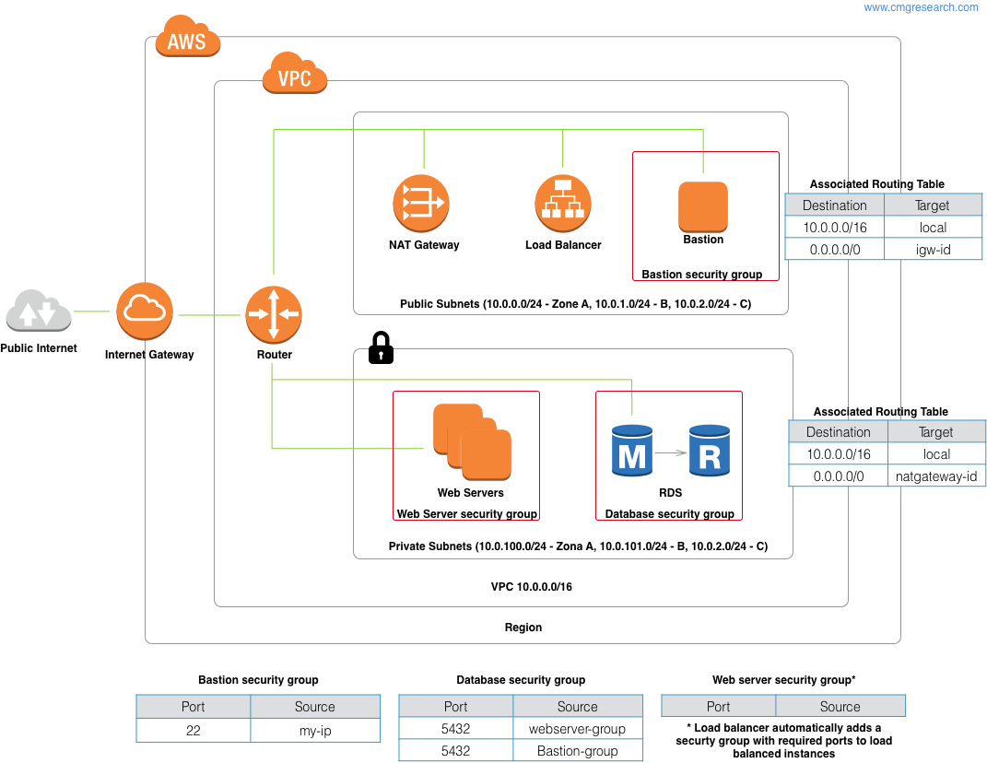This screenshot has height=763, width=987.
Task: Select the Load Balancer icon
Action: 563,204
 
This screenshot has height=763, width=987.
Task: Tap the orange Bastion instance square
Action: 703,206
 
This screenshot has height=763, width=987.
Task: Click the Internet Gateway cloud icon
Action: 145,313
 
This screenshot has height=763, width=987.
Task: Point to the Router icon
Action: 273,314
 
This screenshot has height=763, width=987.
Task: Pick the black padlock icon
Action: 381,347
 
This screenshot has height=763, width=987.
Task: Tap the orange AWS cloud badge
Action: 187,41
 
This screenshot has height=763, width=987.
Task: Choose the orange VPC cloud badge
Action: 295,76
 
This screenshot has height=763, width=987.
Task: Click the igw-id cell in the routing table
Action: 934,249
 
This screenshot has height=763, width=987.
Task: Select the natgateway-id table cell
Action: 935,476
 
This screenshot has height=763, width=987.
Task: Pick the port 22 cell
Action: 194,730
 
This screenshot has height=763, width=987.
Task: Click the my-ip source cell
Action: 314,730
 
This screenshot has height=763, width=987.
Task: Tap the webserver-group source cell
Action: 578,729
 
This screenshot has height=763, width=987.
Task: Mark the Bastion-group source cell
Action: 578,751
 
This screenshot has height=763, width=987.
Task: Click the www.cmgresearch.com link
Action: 921,7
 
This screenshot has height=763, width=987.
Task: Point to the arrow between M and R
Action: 671,452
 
